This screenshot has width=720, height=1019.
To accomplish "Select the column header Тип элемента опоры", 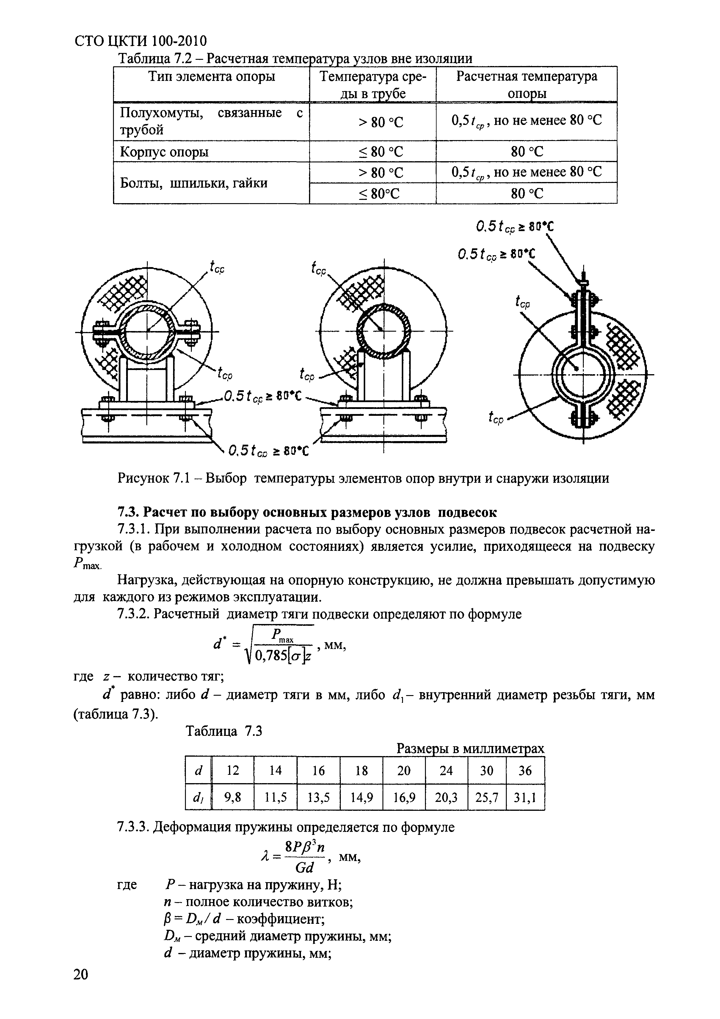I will click(211, 77).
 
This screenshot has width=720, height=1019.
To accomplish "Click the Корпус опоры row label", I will click(164, 152).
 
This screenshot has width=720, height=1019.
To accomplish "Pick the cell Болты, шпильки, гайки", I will click(194, 183).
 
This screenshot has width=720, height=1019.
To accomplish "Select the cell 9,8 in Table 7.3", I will click(233, 798).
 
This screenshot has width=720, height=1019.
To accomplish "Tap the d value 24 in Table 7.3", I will click(446, 770).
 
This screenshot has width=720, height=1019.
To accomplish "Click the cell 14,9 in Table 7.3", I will click(361, 798).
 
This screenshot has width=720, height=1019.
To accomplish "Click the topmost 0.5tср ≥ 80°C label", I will click(515, 227).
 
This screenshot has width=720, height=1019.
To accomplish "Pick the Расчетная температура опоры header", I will click(526, 84).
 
